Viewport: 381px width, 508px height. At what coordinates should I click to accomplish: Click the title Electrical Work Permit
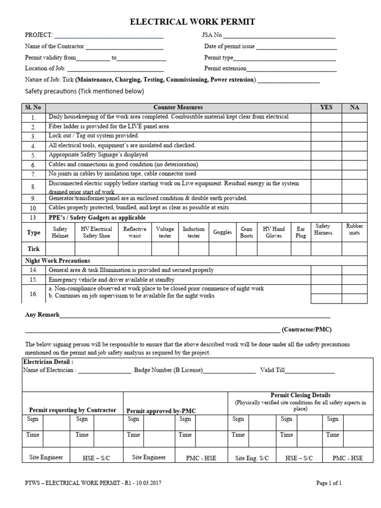[192, 22]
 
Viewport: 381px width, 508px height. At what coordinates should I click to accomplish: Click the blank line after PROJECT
[109, 35]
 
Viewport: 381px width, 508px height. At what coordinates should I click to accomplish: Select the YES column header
[326, 107]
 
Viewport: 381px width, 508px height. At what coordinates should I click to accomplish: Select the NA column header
[354, 107]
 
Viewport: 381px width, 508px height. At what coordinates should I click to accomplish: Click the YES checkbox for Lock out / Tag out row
[326, 136]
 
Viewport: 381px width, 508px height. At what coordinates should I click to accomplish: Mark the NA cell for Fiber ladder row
[354, 127]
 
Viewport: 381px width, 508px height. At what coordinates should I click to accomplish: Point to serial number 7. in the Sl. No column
[33, 175]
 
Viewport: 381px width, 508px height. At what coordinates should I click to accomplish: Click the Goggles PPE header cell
[222, 232]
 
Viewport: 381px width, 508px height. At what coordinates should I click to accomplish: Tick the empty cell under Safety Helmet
[60, 249]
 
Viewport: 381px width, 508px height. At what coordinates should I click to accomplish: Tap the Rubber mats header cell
[354, 229]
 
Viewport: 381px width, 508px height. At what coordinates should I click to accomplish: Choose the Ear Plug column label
[301, 232]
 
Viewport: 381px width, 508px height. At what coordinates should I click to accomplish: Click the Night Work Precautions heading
[58, 260]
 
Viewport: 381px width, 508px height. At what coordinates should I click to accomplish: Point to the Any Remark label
[42, 315]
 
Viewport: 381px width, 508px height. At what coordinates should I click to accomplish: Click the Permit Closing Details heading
[300, 395]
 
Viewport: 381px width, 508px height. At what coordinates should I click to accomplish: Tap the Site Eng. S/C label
[252, 458]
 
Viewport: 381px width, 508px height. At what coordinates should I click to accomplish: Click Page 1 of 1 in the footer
[329, 483]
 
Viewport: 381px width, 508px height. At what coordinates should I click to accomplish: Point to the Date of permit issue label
[229, 47]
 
